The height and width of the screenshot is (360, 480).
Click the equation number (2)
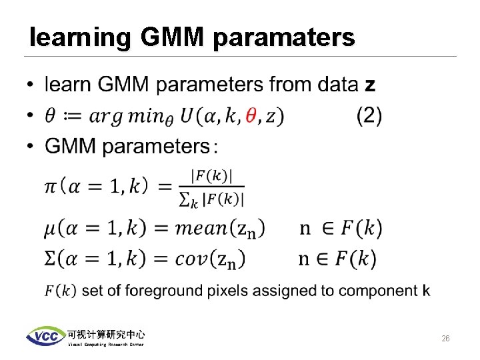[369, 117]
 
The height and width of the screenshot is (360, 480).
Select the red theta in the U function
[251, 117]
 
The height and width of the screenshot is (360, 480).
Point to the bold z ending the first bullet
[370, 85]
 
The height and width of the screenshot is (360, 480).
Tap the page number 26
[445, 339]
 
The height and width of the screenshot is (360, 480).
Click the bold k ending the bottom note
[427, 290]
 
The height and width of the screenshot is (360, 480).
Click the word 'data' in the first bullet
[336, 85]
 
